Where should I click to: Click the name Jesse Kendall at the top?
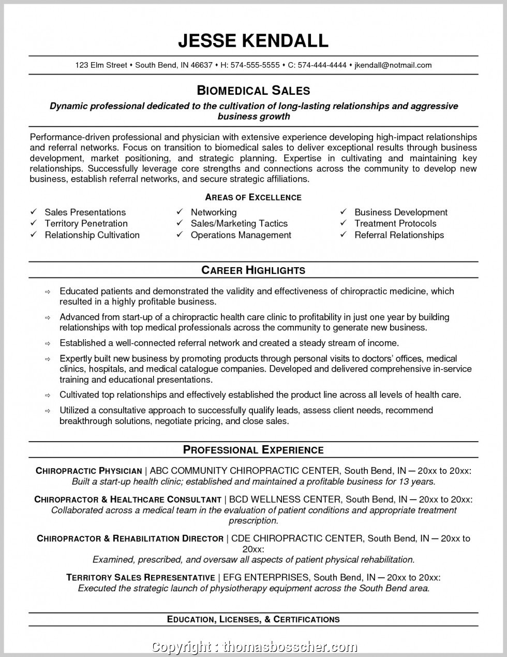click(253, 40)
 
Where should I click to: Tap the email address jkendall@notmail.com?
click(393, 65)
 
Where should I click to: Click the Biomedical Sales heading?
click(253, 91)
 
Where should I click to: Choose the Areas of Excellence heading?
click(253, 197)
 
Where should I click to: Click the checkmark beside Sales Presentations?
click(34, 212)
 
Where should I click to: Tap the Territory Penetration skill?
click(86, 224)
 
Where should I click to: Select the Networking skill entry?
click(213, 212)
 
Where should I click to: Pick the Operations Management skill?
click(241, 235)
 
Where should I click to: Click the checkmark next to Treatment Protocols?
click(343, 224)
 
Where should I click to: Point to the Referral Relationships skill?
click(399, 235)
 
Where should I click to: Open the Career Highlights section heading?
click(253, 270)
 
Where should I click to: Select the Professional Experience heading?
click(253, 450)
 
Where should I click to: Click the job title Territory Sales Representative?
click(141, 578)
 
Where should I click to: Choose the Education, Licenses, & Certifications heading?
click(253, 619)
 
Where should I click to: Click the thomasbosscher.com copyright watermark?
click(290, 647)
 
